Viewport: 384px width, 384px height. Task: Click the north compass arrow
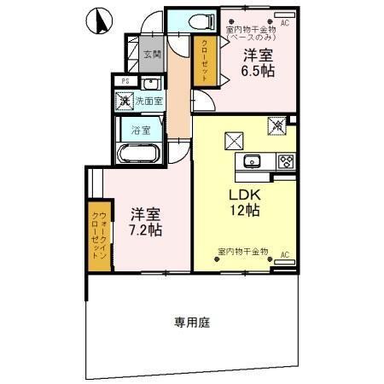coord(100,16)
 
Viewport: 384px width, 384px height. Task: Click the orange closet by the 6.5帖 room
coord(204,61)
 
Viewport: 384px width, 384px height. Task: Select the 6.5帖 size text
coord(257,73)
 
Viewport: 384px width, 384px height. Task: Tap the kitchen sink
coord(253,162)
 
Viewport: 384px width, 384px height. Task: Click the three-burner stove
coord(285,162)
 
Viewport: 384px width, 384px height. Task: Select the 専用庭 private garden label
coord(192,323)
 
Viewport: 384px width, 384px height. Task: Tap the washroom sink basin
coord(150,84)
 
